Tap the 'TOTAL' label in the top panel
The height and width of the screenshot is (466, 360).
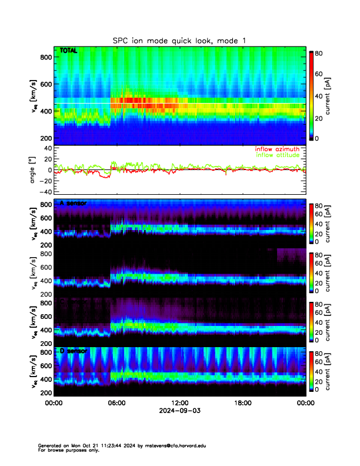(x=69, y=51)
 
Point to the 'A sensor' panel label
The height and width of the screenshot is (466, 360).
(x=74, y=203)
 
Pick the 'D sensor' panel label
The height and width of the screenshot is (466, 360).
(x=74, y=351)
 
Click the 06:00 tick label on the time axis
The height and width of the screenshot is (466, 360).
(x=116, y=403)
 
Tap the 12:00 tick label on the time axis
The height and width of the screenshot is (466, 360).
(x=179, y=403)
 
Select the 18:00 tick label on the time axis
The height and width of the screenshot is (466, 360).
(x=243, y=403)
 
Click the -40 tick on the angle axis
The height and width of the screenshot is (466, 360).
(x=44, y=192)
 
